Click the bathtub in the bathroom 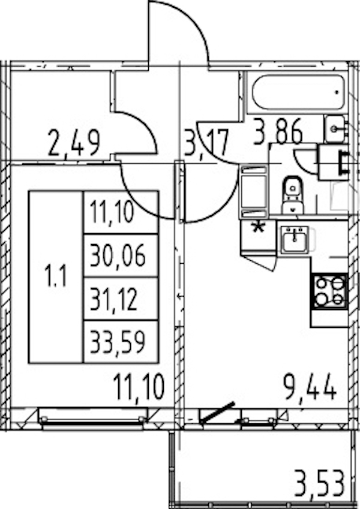click(x=298, y=92)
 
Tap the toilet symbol click(x=293, y=195)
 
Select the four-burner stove click(x=330, y=291)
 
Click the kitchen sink click(x=295, y=240)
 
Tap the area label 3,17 click(x=207, y=142)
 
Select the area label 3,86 click(x=278, y=131)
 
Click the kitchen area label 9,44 click(x=310, y=386)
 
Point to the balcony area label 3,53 click(x=319, y=484)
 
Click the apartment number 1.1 click(x=57, y=277)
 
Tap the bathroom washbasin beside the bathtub click(x=335, y=129)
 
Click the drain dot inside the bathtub click(x=337, y=92)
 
